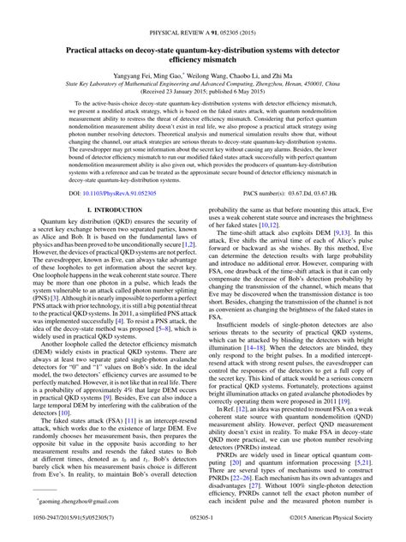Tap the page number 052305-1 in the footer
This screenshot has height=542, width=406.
[202, 531]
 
